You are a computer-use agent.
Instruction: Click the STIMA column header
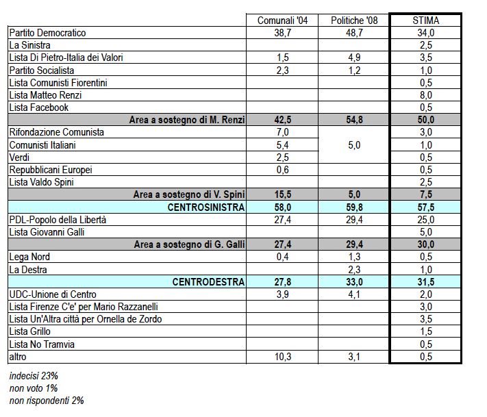(425, 21)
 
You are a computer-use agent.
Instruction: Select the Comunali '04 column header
(282, 21)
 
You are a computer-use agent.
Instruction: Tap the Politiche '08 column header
(354, 21)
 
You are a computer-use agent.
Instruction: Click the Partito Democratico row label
(47, 33)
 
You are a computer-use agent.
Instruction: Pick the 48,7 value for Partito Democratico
(354, 33)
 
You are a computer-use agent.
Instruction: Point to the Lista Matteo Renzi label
(45, 95)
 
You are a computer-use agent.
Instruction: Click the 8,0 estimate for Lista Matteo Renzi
(426, 95)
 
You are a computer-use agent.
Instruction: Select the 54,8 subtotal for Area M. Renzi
(354, 120)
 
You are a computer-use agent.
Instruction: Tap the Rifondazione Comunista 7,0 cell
(282, 132)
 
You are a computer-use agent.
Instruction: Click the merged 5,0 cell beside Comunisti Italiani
(354, 145)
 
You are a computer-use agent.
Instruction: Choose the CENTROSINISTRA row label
(206, 207)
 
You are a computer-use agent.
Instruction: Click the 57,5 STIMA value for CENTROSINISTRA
(426, 207)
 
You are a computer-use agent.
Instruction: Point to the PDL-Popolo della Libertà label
(58, 220)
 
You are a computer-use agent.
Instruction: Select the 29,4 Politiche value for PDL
(354, 220)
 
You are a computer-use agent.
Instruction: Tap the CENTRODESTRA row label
(208, 282)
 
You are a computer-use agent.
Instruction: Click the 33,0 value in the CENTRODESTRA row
(354, 282)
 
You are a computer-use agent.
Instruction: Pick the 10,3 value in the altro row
(283, 357)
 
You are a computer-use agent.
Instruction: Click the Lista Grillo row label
(30, 331)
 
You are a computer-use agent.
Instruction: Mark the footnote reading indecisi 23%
(34, 376)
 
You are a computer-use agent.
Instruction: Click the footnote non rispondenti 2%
(47, 401)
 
